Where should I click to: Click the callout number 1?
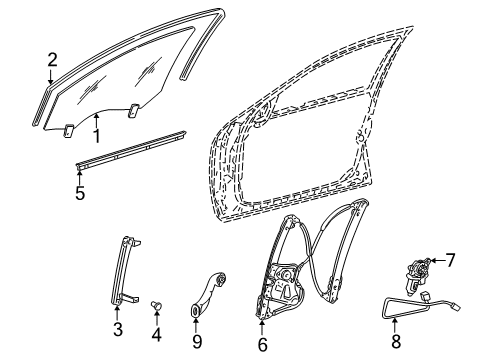tap(96, 136)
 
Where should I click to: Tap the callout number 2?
tap(52, 60)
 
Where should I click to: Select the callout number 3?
tap(118, 329)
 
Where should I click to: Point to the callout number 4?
tap(156, 335)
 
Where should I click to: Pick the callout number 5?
tap(80, 193)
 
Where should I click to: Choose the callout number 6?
tap(263, 345)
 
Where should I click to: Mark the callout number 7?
tap(450, 260)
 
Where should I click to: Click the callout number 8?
tap(396, 342)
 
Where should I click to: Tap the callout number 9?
tap(197, 342)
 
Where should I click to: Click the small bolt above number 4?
tap(156, 305)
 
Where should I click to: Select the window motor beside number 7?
tap(417, 275)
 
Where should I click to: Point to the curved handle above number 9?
tap(208, 293)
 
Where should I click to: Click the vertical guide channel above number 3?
tap(124, 270)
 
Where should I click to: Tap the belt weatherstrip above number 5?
tap(131, 150)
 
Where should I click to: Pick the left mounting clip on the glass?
tap(68, 130)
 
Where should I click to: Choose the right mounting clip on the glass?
tap(134, 110)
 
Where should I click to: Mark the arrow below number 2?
tap(50, 76)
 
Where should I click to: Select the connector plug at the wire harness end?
tap(455, 306)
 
